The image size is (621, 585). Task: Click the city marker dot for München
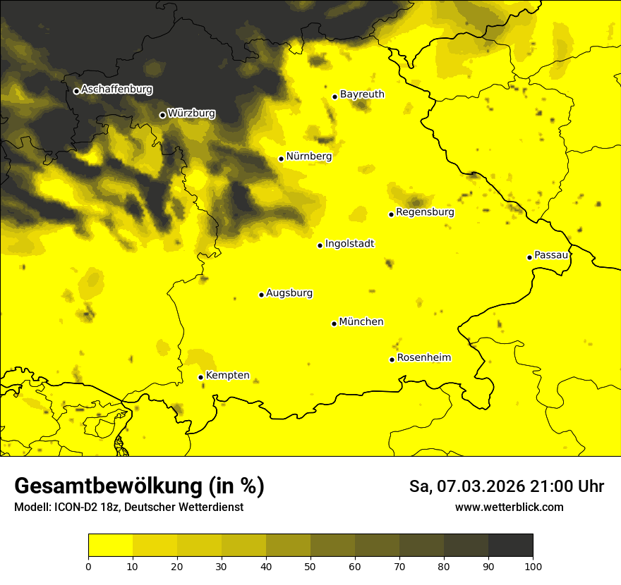[334, 324]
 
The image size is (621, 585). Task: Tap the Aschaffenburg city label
[116, 90]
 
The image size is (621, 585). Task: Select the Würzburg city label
[191, 113]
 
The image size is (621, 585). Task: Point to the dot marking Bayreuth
[335, 97]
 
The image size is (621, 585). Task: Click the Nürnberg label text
[308, 156]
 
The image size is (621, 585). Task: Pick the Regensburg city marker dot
[391, 214]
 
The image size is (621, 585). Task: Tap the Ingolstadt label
[349, 244]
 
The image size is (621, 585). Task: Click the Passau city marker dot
[529, 257]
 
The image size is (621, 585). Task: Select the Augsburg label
[289, 293]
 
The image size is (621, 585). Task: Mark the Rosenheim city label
[423, 358]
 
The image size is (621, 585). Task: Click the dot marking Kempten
[201, 377]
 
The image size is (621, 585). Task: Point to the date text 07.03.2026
[479, 486]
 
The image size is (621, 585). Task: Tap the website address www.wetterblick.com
[509, 507]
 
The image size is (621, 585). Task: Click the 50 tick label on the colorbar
[310, 566]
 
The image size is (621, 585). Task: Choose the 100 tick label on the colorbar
[533, 566]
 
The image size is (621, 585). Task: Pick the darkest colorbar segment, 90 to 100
[510, 546]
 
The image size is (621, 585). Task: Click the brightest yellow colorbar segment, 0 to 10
[110, 546]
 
